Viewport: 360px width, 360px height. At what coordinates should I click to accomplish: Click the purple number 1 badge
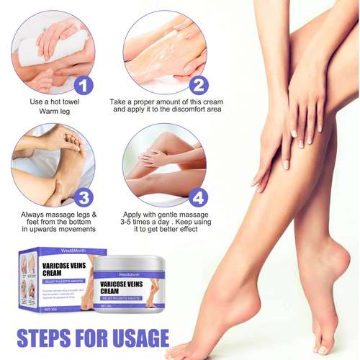(85, 86)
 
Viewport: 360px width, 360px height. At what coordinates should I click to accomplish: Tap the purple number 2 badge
(198, 86)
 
